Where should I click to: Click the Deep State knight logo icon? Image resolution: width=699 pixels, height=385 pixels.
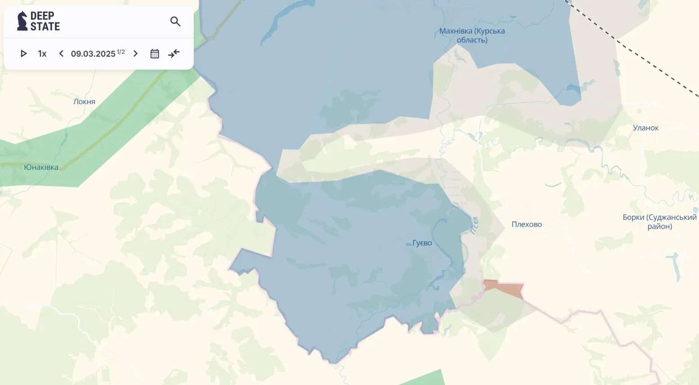pos(22,21)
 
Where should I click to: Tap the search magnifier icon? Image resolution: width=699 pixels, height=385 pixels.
pos(175,22)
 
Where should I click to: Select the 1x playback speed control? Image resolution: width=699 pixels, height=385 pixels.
pos(42,54)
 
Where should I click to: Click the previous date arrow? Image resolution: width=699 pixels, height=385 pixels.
pos(61,54)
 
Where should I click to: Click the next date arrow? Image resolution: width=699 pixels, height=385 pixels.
pos(135,54)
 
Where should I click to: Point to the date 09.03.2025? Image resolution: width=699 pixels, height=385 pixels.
pos(93,54)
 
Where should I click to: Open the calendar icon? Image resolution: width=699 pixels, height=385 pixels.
pos(155,54)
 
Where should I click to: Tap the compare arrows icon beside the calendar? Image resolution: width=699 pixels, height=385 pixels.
pos(174,54)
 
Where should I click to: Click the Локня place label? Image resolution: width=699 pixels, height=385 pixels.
pos(84,102)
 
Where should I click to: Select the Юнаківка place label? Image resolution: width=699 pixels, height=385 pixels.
pos(41,167)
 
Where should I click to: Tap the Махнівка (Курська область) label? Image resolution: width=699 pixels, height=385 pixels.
pos(472,35)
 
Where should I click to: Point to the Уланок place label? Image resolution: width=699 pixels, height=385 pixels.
pos(646,128)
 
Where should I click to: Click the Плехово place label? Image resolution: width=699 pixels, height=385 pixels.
pos(526,225)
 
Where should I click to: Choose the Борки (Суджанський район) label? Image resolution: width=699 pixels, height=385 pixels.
pos(659,222)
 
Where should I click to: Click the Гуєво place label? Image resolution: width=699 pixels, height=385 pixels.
pos(422,243)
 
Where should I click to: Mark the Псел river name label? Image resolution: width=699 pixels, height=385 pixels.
pos(475,226)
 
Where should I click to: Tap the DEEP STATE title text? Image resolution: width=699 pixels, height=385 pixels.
pos(45,21)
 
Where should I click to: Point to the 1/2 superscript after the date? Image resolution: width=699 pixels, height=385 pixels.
pos(121,52)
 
